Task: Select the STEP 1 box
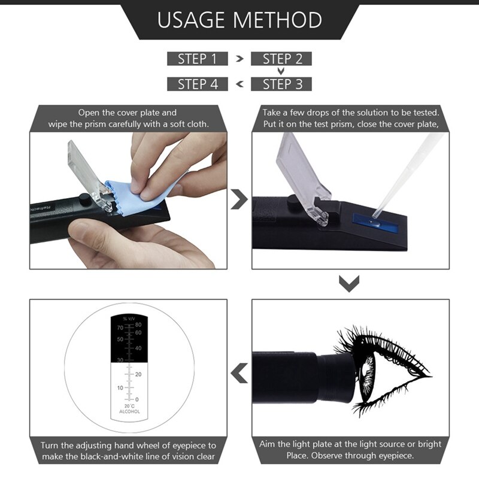point(197,59)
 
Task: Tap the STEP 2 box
point(281,59)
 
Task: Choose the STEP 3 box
point(281,84)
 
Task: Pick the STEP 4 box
point(197,84)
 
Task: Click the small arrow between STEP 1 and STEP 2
point(239,59)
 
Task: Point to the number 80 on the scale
point(138,325)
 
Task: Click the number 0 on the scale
point(137,399)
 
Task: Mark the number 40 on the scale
point(138,348)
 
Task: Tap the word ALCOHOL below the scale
point(129,412)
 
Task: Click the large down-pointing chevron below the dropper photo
point(348,283)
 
